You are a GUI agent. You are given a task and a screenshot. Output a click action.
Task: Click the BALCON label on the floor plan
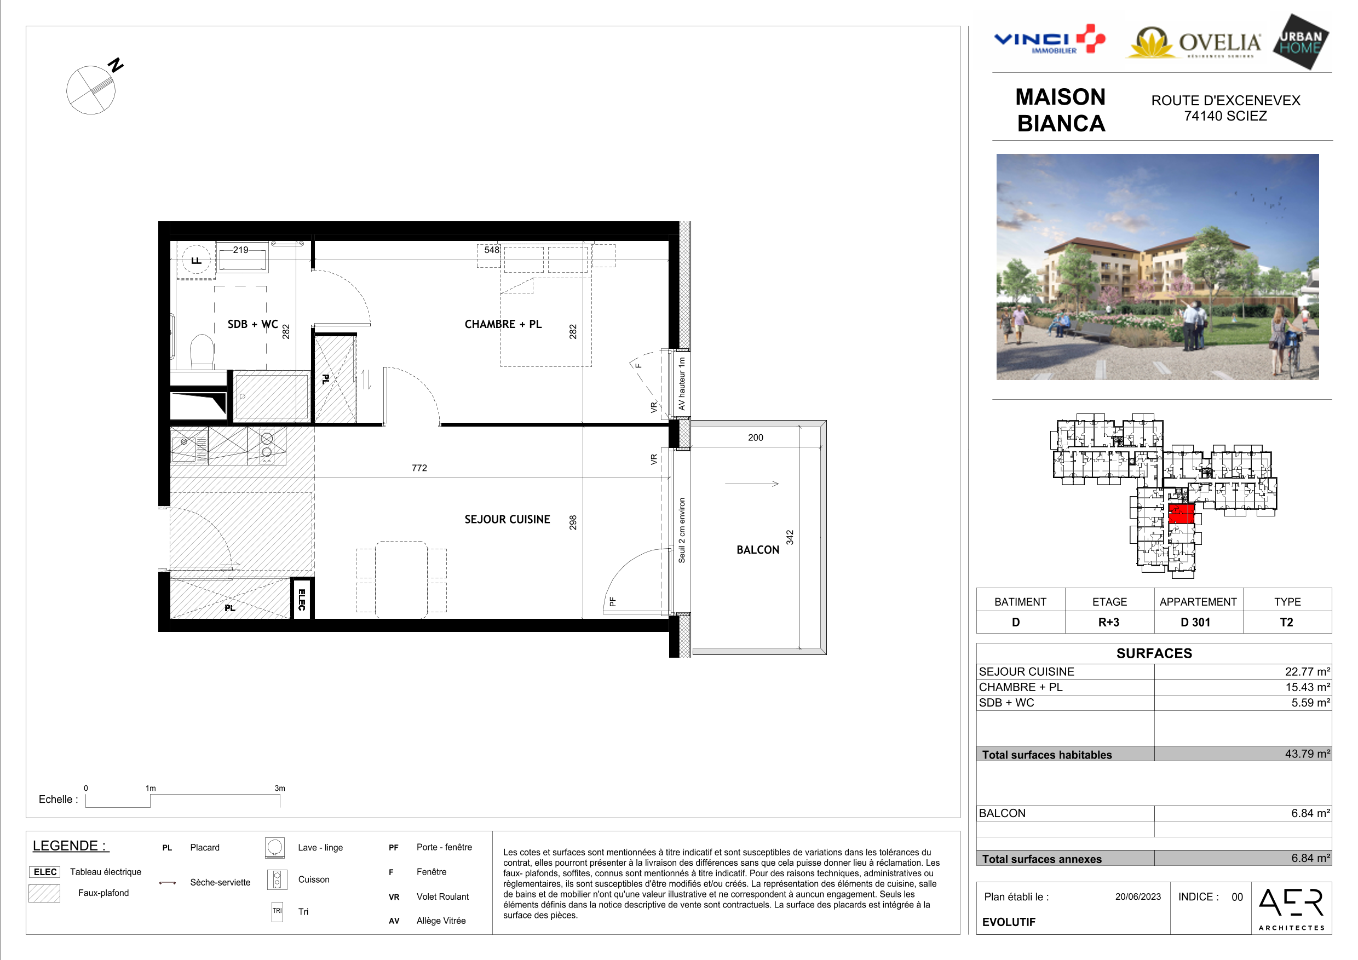pyautogui.click(x=758, y=549)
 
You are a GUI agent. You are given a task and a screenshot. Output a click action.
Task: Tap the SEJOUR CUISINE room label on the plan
pyautogui.click(x=507, y=519)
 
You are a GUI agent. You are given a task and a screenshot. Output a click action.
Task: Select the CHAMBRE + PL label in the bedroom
pyautogui.click(x=503, y=324)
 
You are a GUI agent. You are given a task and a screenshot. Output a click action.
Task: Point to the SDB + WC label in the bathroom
pyautogui.click(x=252, y=324)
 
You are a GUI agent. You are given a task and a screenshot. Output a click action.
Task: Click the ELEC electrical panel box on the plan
pyautogui.click(x=302, y=599)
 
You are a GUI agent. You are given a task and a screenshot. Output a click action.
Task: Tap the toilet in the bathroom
pyautogui.click(x=202, y=352)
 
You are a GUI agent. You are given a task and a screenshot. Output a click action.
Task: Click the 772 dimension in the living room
pyautogui.click(x=419, y=468)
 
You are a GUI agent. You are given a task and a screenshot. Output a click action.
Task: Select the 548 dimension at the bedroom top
pyautogui.click(x=492, y=250)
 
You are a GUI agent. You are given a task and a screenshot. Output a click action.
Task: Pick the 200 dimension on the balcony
pyautogui.click(x=755, y=438)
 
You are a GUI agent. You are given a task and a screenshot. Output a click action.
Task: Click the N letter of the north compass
pyautogui.click(x=116, y=65)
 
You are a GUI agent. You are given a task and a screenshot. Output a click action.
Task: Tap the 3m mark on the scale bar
pyautogui.click(x=280, y=788)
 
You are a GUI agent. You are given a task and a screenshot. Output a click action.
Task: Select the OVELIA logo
pyautogui.click(x=1194, y=43)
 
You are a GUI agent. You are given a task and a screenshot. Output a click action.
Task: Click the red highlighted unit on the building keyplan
pyautogui.click(x=1181, y=514)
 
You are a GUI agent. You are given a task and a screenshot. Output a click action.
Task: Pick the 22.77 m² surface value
pyautogui.click(x=1307, y=671)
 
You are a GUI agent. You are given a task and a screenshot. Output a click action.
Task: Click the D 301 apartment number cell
pyautogui.click(x=1195, y=622)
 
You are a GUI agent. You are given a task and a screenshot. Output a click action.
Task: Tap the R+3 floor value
pyautogui.click(x=1108, y=622)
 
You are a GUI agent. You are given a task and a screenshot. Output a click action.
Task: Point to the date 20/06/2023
pyautogui.click(x=1138, y=896)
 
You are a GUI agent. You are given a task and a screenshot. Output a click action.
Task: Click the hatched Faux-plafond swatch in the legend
pyautogui.click(x=44, y=893)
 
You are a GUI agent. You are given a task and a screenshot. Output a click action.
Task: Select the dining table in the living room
pyautogui.click(x=401, y=579)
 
